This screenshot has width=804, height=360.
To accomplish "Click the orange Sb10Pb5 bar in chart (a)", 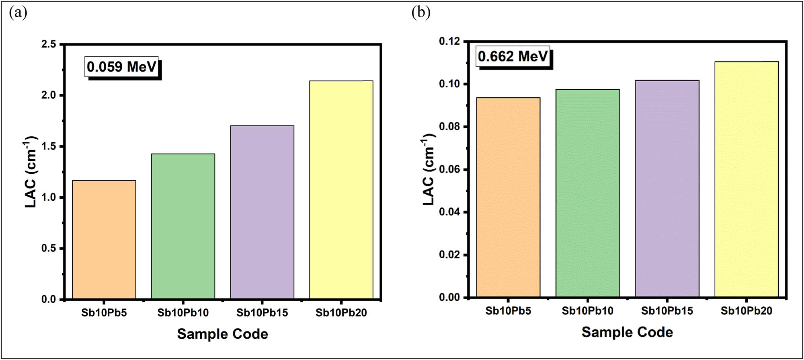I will click(x=104, y=240).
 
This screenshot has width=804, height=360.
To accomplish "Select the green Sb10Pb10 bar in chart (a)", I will click(x=183, y=226).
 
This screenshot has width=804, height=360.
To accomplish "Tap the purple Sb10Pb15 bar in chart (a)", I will click(x=262, y=212).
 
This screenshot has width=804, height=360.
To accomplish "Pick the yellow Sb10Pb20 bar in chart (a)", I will click(x=341, y=190).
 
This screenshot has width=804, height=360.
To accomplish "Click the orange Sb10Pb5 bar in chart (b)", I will click(x=508, y=197).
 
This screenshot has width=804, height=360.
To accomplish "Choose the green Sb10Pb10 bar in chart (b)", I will click(x=587, y=193).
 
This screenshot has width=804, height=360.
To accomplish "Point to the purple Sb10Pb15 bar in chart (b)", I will click(x=667, y=189).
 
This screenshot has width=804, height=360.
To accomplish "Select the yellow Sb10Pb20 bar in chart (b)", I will click(x=746, y=179).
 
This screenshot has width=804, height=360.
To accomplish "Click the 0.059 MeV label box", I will click(x=122, y=67).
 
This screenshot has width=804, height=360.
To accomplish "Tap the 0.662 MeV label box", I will click(x=513, y=56).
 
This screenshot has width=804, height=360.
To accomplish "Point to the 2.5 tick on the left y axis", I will click(x=49, y=44).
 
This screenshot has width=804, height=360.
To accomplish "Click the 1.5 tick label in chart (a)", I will click(x=49, y=146).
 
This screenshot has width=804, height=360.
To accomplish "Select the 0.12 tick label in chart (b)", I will click(x=449, y=41).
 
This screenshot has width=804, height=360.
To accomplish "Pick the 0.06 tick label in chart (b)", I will click(x=449, y=169).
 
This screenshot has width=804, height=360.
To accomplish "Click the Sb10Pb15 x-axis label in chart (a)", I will click(x=262, y=313).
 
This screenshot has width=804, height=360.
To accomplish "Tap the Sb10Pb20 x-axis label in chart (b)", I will click(x=746, y=311).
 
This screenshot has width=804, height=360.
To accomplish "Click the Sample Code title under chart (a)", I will click(x=222, y=334).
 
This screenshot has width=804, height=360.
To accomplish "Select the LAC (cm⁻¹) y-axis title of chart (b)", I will click(x=429, y=169).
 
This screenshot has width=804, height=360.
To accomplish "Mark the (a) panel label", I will click(x=18, y=13).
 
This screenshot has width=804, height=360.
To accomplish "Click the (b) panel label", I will click(x=421, y=13).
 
